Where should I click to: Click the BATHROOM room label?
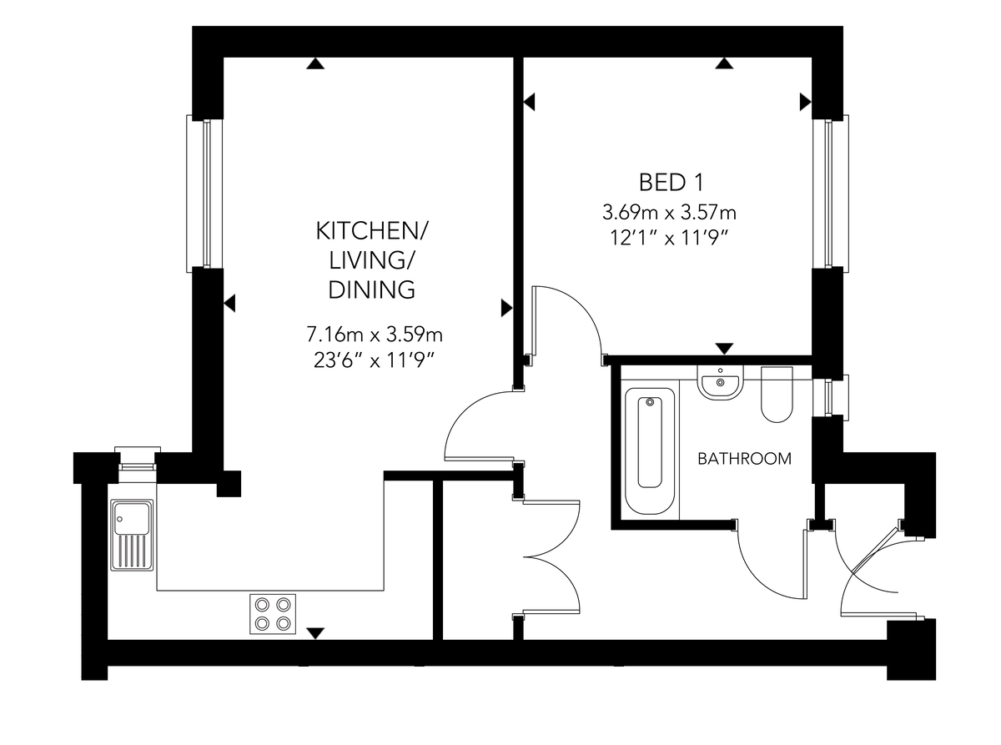click(x=744, y=459)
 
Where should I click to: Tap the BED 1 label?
click(x=672, y=183)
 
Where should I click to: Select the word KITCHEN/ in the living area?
click(x=372, y=231)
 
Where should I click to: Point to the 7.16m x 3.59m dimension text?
click(x=375, y=335)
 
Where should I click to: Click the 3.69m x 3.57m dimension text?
click(x=669, y=212)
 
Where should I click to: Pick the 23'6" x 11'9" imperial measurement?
click(x=374, y=360)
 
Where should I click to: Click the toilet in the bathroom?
click(x=777, y=394)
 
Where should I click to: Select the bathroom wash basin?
click(x=720, y=382)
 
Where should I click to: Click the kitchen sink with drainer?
click(x=132, y=535)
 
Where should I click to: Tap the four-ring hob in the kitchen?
click(x=273, y=614)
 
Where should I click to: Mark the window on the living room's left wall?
click(x=205, y=194)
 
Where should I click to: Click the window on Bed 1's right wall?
click(x=830, y=194)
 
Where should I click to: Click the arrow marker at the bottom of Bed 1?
click(x=724, y=349)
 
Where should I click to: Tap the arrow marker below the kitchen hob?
click(x=315, y=633)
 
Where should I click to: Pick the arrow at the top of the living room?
click(x=315, y=63)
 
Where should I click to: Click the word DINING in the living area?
click(x=371, y=289)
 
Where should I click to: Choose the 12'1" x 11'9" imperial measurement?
click(x=670, y=238)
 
